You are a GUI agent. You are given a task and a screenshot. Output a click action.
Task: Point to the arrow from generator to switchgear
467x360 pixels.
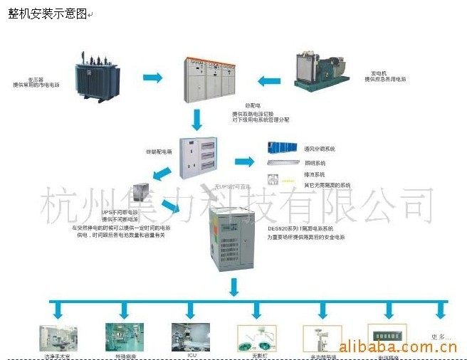click(x=269, y=80)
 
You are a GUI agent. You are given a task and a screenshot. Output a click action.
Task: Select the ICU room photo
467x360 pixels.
click(x=190, y=336)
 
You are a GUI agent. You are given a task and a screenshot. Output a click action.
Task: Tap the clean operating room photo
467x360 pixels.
click(x=59, y=337)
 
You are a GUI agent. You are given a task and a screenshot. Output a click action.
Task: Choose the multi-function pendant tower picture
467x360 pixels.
click(x=318, y=337)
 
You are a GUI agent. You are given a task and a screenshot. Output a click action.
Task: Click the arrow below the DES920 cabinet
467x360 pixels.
click(x=233, y=287)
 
